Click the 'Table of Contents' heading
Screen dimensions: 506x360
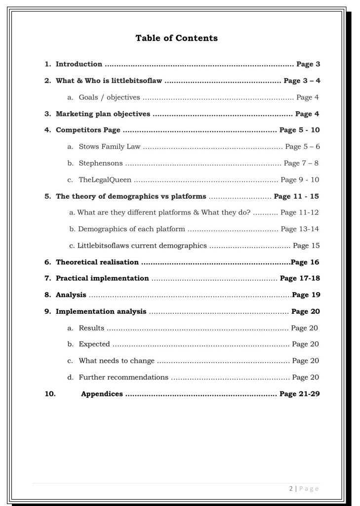[x=176, y=38]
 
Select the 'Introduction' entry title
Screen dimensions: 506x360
[x=79, y=64]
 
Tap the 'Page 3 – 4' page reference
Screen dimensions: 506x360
[x=302, y=81]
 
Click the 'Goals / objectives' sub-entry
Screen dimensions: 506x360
[x=109, y=97]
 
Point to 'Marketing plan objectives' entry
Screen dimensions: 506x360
[x=103, y=114]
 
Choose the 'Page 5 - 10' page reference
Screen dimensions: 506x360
[x=299, y=130]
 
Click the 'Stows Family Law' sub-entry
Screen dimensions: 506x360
[x=110, y=147]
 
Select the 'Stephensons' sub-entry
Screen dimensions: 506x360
[x=101, y=163]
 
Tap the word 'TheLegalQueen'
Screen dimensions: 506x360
[x=105, y=180]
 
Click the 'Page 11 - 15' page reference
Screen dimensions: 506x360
[x=296, y=196]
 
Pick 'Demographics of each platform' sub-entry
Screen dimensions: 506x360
[x=131, y=229]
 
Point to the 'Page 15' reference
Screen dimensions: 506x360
[x=306, y=246]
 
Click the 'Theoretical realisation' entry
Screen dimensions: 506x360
[x=97, y=262]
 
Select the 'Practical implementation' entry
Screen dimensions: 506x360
[x=102, y=278]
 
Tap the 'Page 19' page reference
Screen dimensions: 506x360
[x=306, y=295]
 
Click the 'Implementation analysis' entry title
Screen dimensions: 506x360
[x=101, y=311]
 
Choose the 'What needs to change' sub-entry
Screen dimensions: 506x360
[x=117, y=361]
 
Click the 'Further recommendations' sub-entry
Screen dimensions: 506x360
[x=123, y=378]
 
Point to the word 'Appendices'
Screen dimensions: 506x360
[x=102, y=394]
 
